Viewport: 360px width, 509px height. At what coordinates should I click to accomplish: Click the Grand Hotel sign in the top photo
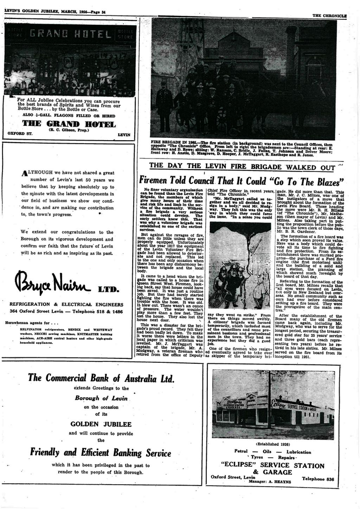pos(70,34)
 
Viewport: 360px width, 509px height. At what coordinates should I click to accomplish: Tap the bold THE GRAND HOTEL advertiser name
pos(69,123)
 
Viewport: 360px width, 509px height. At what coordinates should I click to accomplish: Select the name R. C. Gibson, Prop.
pos(69,130)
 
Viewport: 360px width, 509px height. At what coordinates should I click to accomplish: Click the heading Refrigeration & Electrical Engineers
pos(66,304)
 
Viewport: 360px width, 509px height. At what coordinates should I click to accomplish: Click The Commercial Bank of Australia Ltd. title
pos(101,378)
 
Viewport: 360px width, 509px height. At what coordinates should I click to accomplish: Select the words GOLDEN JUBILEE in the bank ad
pos(101,424)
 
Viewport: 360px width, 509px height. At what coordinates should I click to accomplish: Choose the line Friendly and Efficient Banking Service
pos(100,453)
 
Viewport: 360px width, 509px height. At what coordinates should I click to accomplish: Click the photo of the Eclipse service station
pos(273,404)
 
